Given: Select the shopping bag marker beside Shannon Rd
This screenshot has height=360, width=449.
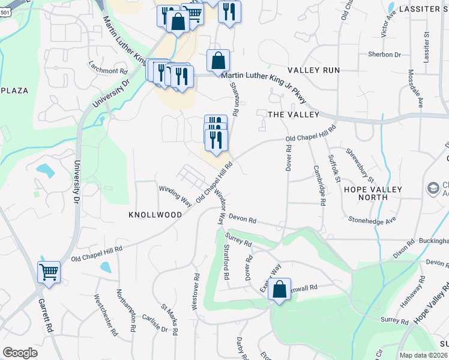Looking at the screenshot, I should pos(218,60).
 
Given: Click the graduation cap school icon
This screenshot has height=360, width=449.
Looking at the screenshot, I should pos(433,188).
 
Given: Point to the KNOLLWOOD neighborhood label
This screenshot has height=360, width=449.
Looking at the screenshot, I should pos(155,214).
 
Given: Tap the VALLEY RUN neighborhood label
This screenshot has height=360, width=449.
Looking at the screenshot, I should pos(313,70).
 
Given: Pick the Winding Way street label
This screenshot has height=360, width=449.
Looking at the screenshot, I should pos(175,196).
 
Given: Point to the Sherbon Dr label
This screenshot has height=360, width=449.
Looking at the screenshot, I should pos(384,55).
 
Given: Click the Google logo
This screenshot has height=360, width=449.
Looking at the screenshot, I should pos(20,353).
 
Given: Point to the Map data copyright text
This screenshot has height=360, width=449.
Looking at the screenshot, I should pos(423,355).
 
